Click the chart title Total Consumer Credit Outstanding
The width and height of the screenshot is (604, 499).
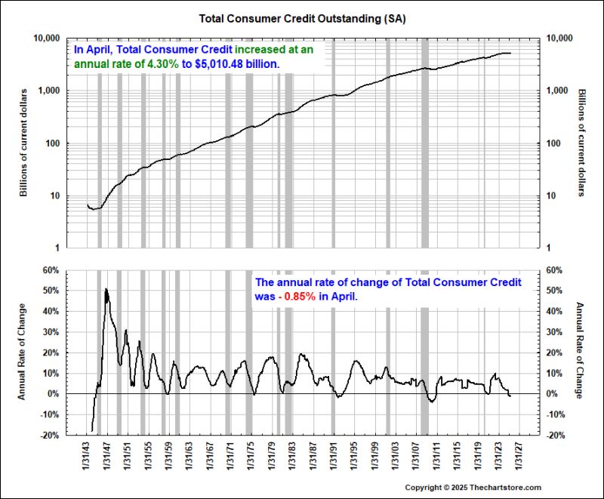click(x=301, y=16)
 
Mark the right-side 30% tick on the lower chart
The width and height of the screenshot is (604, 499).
click(x=553, y=331)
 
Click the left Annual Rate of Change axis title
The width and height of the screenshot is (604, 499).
click(x=23, y=351)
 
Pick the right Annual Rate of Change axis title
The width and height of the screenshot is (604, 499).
click(x=580, y=351)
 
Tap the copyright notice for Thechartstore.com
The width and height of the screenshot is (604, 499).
click(x=473, y=487)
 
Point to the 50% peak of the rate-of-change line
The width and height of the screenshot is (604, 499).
click(x=106, y=289)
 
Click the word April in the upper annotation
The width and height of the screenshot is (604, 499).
click(x=100, y=49)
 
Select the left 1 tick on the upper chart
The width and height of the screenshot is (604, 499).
click(x=56, y=248)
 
